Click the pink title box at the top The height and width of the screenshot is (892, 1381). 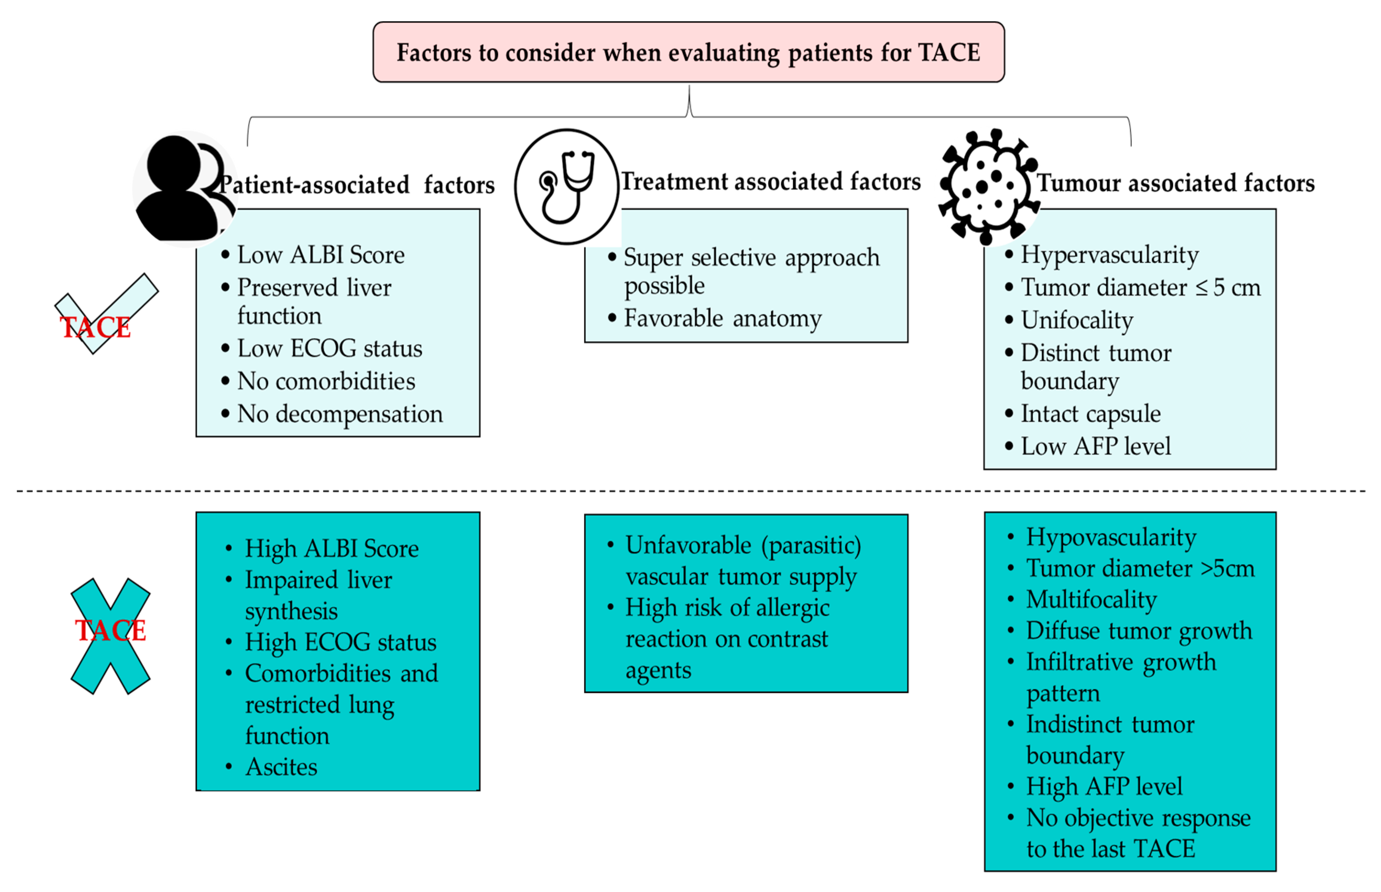coord(688,52)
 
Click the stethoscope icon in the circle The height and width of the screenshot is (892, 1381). coord(567,186)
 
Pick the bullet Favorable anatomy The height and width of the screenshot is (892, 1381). coord(722,318)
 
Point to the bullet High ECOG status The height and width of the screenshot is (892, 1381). coord(340,642)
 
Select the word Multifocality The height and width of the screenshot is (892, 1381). coord(1091,600)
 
